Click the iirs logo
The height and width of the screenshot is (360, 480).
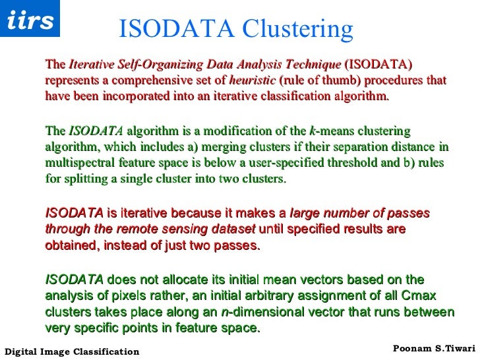point(30,20)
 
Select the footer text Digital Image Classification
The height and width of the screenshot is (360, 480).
point(72,351)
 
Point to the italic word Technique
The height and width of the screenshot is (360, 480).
point(310,65)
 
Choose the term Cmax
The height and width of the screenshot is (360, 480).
point(421,295)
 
